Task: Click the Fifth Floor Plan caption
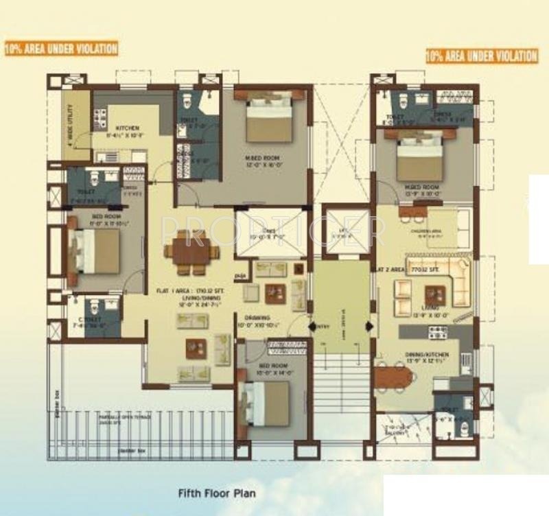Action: click(216, 492)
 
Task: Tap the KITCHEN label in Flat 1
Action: click(128, 128)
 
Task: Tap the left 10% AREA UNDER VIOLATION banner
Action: click(61, 49)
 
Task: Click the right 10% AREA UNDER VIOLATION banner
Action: click(481, 56)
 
